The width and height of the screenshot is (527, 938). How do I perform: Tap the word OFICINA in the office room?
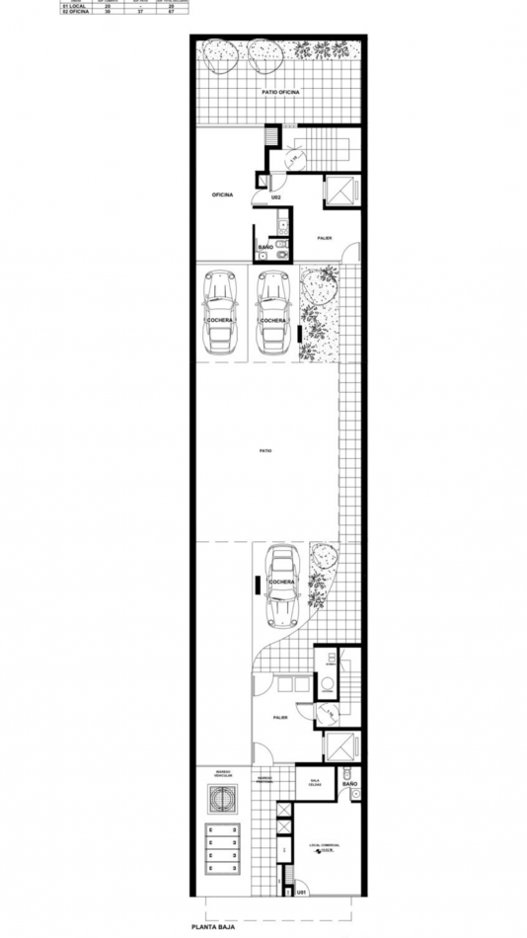click(222, 195)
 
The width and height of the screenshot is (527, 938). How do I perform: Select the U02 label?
click(277, 197)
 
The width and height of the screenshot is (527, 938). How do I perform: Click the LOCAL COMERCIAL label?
click(323, 846)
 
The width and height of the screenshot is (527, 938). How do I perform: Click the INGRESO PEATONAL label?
click(266, 780)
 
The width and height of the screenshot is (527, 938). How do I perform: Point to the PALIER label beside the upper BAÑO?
click(324, 238)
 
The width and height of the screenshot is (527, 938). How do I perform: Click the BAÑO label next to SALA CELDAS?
click(350, 784)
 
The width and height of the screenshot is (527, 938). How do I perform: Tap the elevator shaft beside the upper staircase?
click(339, 190)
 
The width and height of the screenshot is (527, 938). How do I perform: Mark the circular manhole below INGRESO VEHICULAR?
click(221, 799)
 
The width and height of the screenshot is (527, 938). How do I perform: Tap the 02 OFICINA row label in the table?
click(74, 12)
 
